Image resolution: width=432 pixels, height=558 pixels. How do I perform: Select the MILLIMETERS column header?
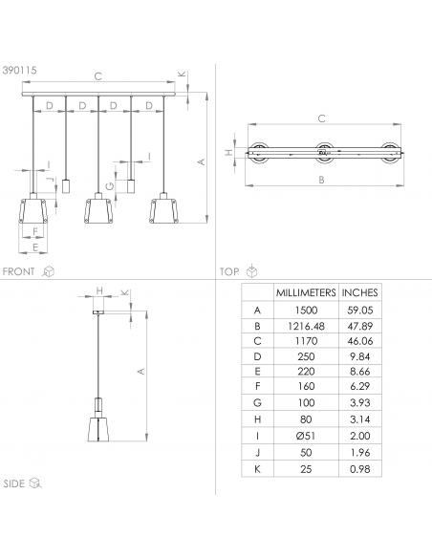pos(304,293)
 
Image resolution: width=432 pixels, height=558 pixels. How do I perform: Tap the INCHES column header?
pos(359,293)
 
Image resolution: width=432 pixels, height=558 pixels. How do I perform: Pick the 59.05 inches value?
pos(359,310)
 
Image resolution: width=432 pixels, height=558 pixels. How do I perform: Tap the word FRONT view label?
pos(19,271)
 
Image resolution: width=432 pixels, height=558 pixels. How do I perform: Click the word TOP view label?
pos(229,271)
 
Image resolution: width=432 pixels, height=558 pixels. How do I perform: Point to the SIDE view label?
pos(14,484)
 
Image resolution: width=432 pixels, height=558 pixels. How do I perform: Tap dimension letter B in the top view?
pos(320,180)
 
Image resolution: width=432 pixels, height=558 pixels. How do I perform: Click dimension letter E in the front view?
pos(35,247)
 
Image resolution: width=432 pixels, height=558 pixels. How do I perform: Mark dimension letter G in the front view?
pos(110,185)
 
